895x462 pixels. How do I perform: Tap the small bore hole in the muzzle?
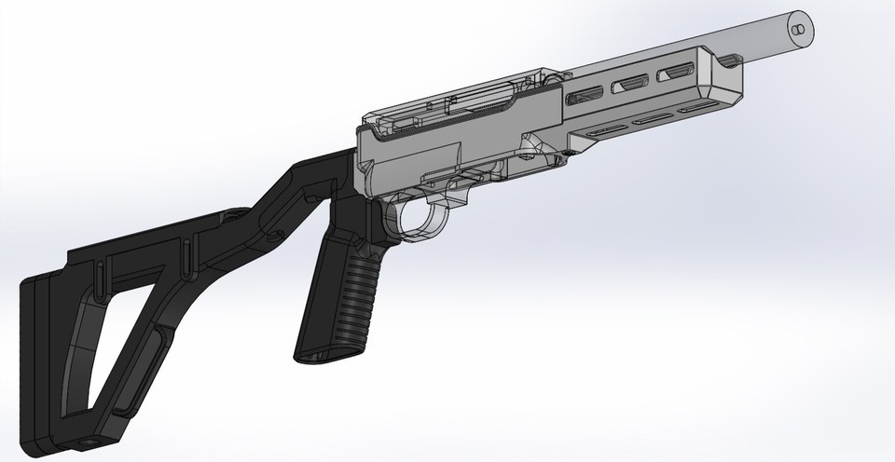point(797,30)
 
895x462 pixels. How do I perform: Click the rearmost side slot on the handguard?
point(585,95)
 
